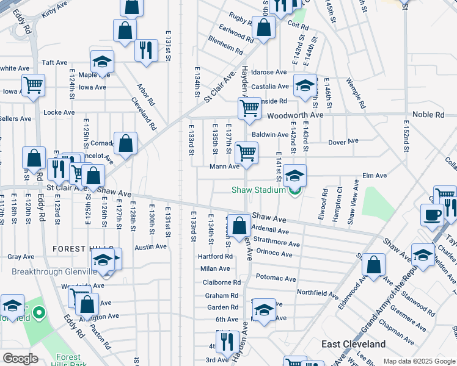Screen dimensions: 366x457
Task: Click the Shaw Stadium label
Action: pos(258,190)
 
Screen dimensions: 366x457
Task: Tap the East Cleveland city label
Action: pos(354,345)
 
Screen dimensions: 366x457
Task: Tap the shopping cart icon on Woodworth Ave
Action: pos(249,109)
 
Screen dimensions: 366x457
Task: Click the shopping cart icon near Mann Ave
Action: pos(246,152)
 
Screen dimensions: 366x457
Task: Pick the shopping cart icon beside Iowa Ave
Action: pos(33,85)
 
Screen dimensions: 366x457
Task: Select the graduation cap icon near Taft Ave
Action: pos(102,61)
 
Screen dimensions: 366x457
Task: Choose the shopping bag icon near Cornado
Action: pos(125,144)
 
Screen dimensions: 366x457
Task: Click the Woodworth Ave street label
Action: pos(295,115)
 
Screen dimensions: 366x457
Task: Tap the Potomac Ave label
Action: pos(276,279)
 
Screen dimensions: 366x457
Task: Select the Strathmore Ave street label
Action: pos(277,243)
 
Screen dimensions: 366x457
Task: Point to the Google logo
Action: pos(20,359)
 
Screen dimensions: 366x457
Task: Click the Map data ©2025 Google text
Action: pos(419,361)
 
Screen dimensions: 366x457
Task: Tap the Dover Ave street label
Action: pos(343,142)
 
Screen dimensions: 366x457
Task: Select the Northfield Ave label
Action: pos(318,293)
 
